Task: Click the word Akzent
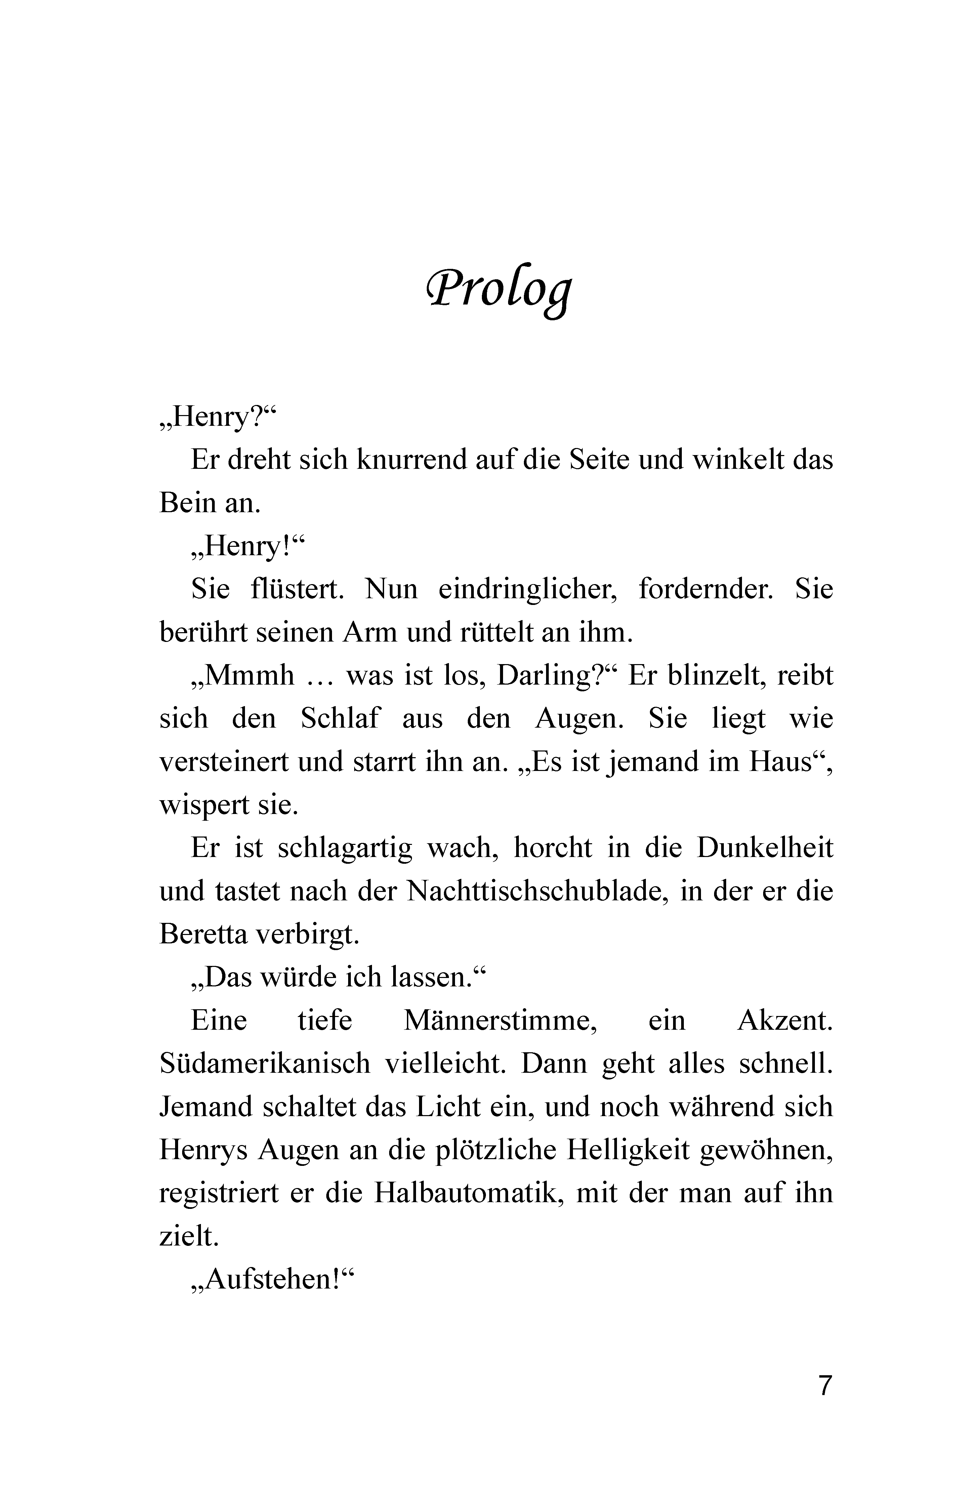coord(784,1021)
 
